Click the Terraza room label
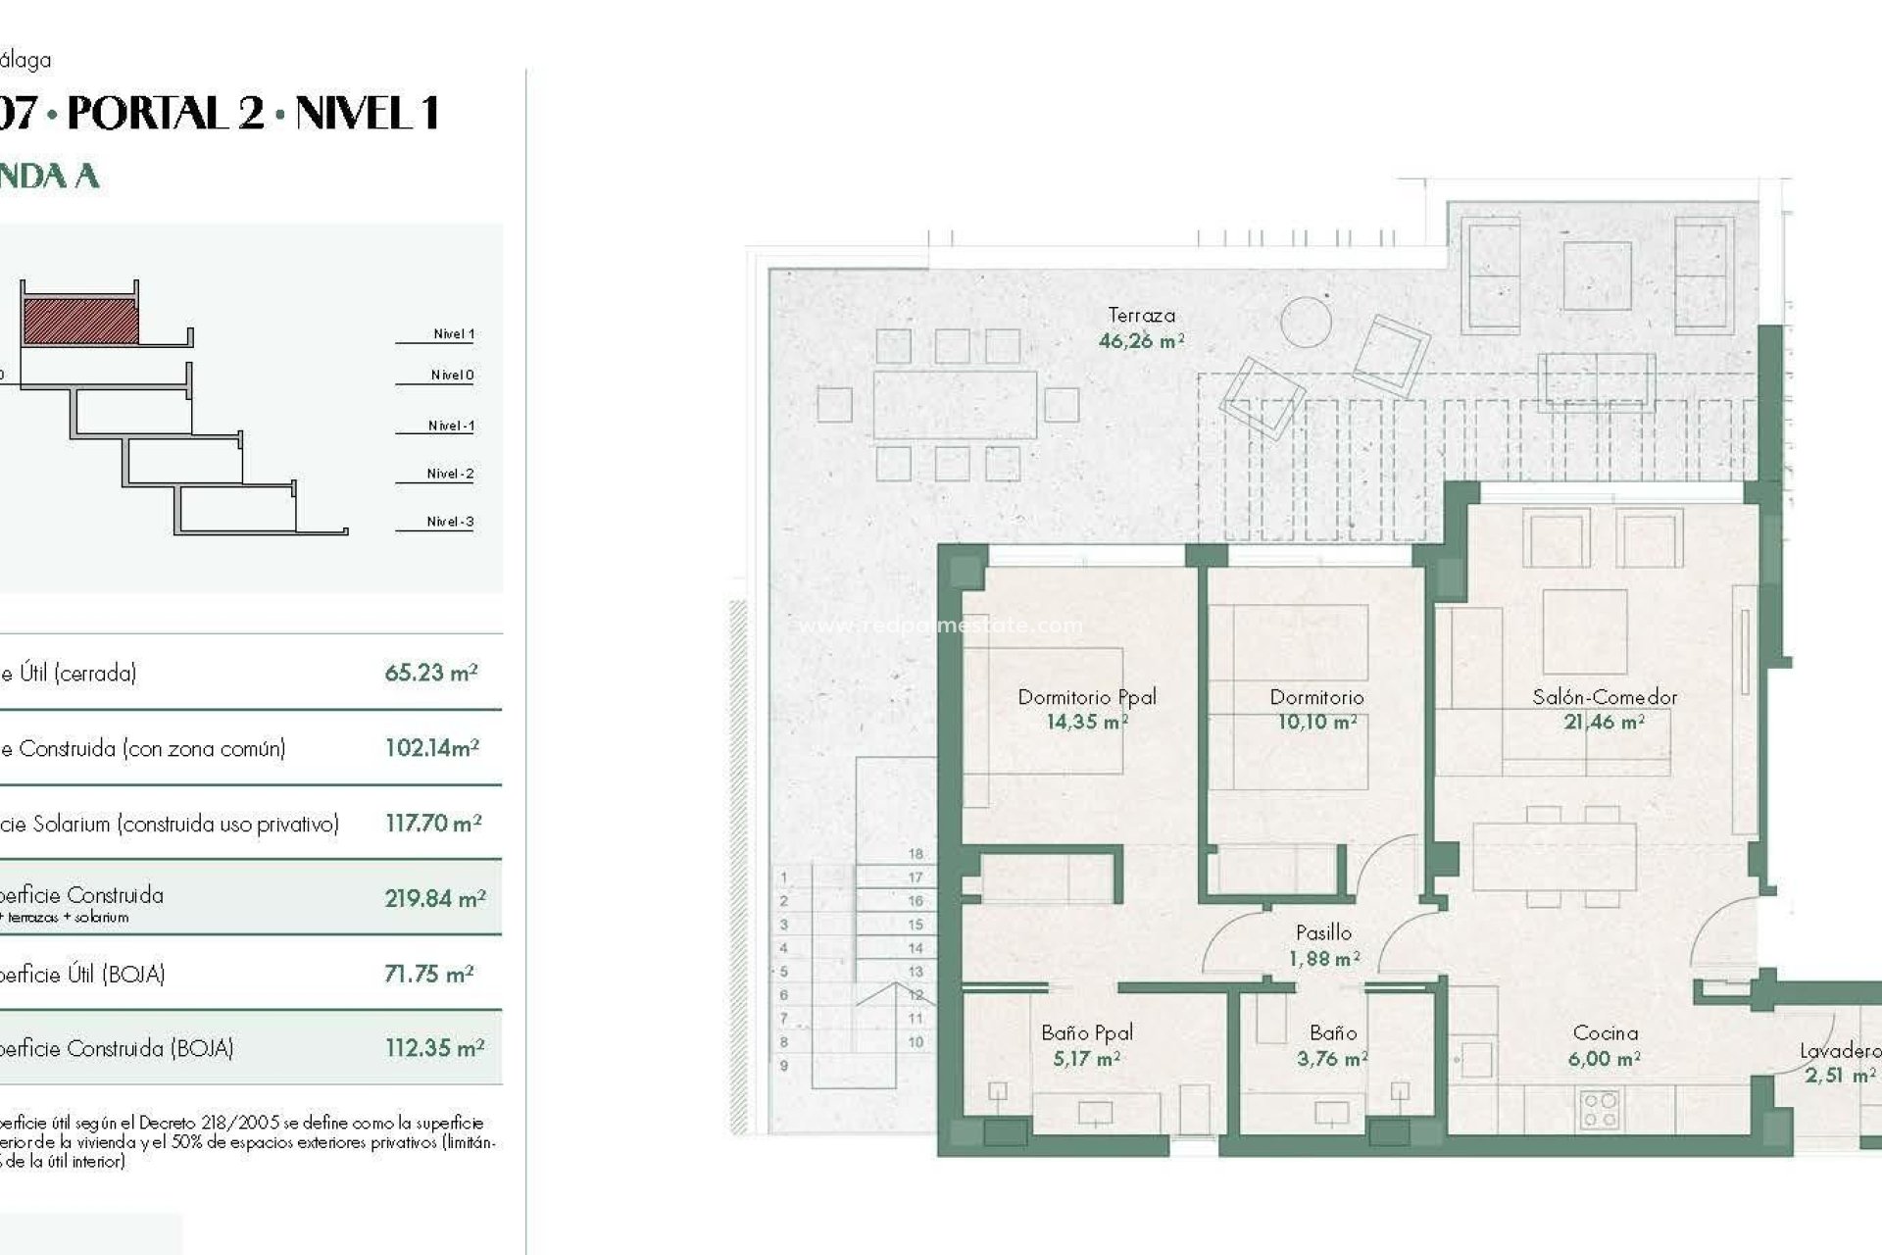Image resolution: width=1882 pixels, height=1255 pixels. point(1141,315)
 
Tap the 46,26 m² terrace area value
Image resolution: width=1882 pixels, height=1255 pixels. point(1141,341)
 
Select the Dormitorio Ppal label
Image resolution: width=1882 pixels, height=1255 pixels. point(1087,697)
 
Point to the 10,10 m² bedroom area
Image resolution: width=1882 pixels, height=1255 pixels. point(1316,723)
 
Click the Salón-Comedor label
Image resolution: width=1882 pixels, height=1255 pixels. point(1605,697)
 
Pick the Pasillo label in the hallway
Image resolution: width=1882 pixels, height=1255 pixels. point(1323,932)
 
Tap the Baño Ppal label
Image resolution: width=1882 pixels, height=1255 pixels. point(1087,1032)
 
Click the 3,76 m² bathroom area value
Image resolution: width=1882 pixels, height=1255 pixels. point(1332,1059)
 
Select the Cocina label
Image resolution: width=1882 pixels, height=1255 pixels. point(1605,1032)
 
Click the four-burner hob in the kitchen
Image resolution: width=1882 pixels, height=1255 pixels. point(1601,1111)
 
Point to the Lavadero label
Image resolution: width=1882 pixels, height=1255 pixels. point(1839,1051)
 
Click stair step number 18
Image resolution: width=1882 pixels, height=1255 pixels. point(916,854)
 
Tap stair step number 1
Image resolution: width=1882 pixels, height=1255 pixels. point(783,878)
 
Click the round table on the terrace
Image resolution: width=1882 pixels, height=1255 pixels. point(1306,321)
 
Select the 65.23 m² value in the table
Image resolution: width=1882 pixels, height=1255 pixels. point(431,673)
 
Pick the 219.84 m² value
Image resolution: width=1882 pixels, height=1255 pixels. point(435,898)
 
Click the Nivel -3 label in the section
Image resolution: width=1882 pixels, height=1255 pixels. point(450,522)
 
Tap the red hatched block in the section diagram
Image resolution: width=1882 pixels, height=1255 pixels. point(80,322)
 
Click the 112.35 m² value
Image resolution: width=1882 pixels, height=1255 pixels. point(434,1048)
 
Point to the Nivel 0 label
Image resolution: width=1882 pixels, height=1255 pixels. point(452,375)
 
